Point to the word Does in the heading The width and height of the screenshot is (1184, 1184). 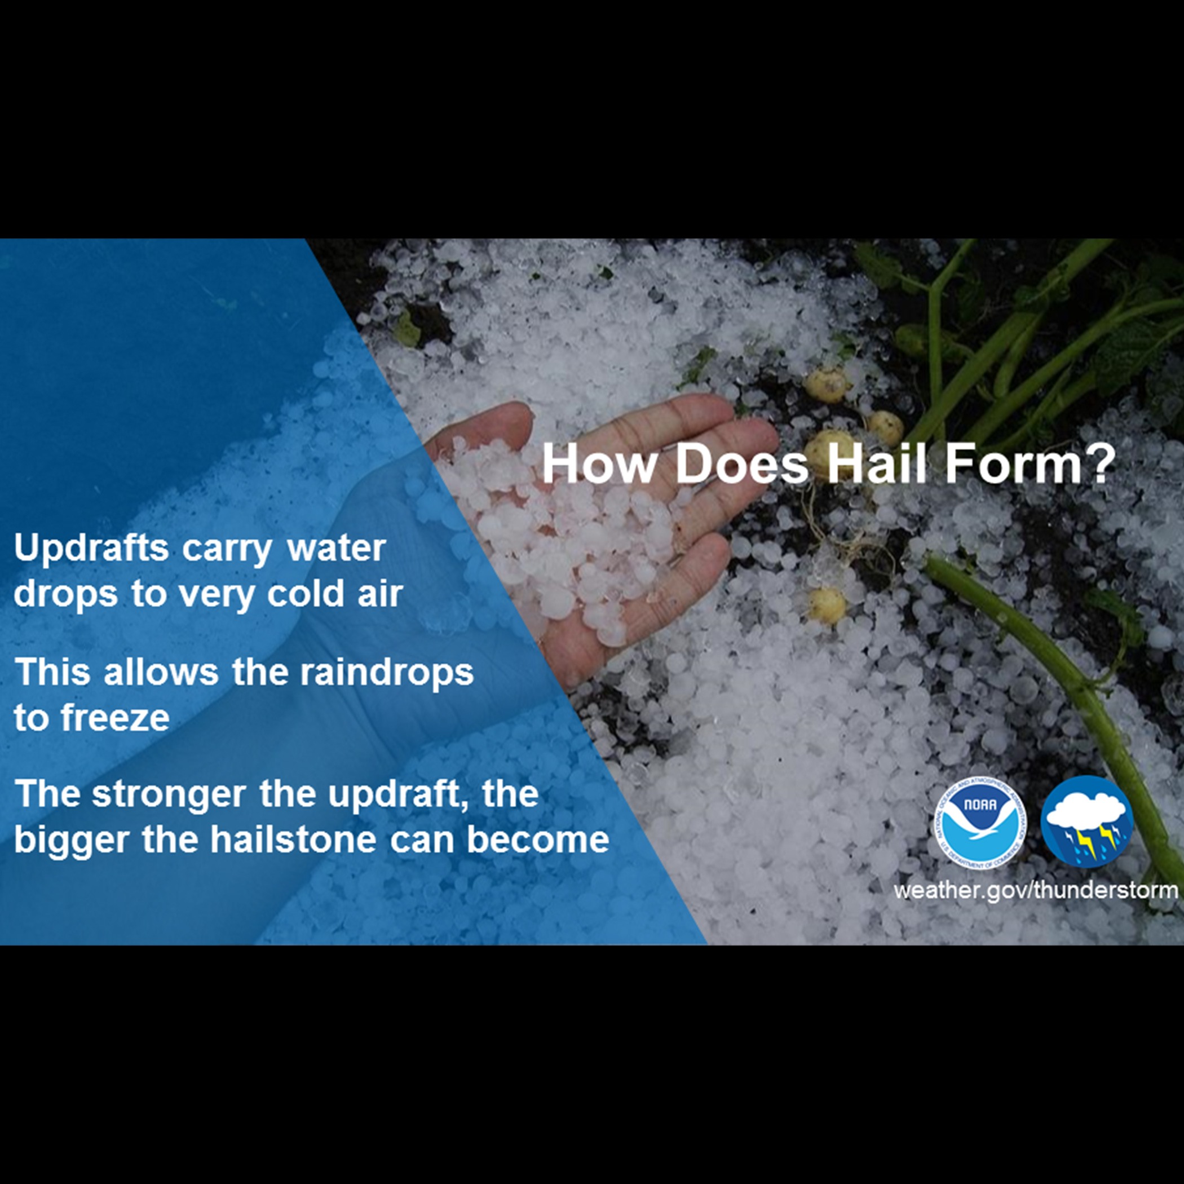coord(741,464)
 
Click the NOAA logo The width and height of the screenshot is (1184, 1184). coord(980,822)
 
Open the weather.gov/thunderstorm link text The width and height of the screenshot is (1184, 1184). coord(1036,890)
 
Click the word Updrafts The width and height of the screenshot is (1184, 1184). coord(91,547)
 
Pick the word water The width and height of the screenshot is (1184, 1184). coord(337,547)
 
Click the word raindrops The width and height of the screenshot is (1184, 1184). coord(386,672)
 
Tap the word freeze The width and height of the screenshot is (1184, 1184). coord(115,718)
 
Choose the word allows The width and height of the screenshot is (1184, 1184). coord(161,671)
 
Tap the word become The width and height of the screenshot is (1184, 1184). coord(537,839)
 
